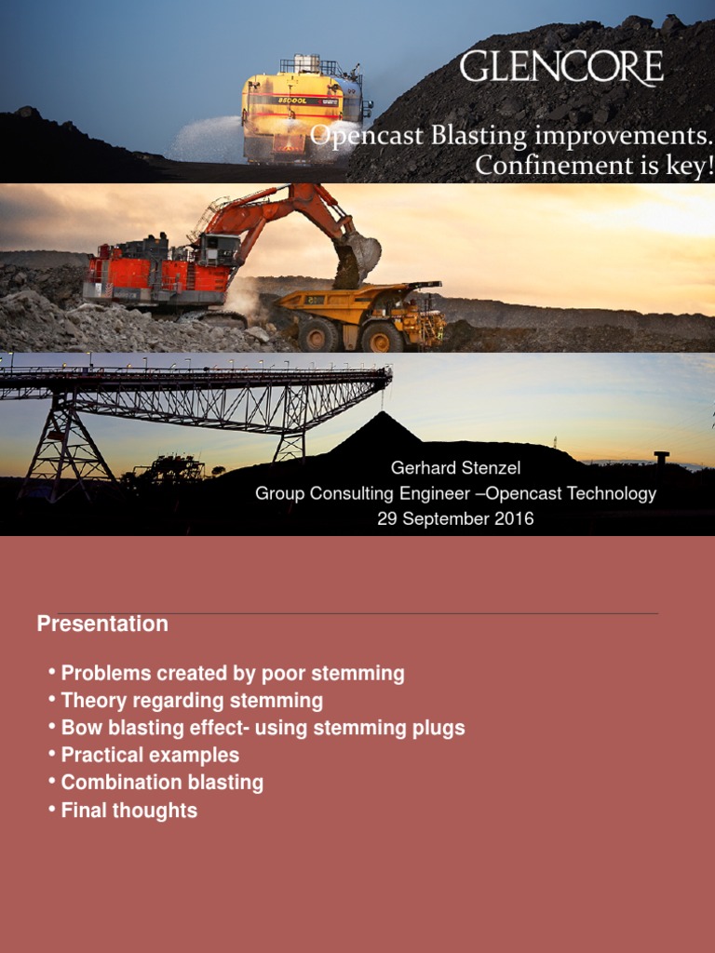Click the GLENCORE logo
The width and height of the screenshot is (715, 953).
click(561, 68)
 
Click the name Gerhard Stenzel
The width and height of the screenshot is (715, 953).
click(455, 469)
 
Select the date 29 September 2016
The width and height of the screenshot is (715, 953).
click(455, 518)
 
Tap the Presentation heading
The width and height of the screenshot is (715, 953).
click(102, 624)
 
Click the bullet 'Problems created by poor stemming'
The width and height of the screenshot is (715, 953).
click(232, 673)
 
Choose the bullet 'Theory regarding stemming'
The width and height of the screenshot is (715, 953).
click(192, 700)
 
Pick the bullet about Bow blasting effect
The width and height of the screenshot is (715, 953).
click(263, 728)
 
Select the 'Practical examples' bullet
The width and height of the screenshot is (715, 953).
click(150, 755)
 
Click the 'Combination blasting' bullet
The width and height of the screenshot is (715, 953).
click(162, 782)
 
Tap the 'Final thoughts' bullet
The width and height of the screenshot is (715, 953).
click(128, 810)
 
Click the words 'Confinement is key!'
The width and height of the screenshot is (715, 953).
click(594, 166)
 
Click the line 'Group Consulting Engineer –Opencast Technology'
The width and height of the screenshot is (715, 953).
click(455, 493)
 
